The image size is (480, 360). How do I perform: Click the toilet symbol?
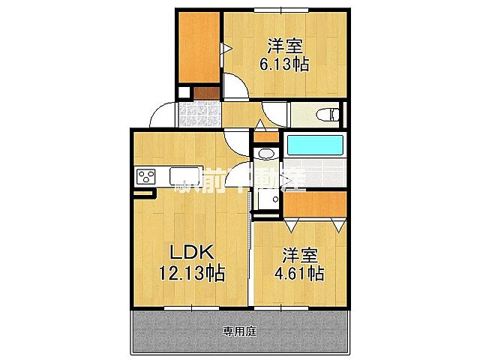328,115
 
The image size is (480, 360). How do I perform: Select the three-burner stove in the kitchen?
145,177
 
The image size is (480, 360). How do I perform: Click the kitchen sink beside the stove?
184,176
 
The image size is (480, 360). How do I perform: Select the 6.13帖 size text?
283,64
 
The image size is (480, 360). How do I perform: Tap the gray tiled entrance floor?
199,115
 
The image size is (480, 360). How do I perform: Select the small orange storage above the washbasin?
264,137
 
